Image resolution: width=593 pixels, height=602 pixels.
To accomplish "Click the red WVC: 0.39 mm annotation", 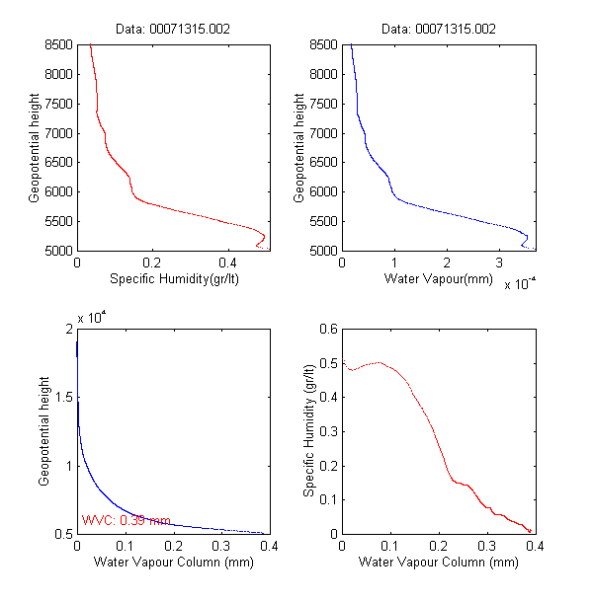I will [x=126, y=520].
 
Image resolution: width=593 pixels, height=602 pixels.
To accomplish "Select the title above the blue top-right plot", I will [x=438, y=30].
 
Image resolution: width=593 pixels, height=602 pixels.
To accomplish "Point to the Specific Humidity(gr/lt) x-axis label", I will [x=173, y=279].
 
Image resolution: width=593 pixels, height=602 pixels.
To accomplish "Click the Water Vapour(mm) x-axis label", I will [x=438, y=279].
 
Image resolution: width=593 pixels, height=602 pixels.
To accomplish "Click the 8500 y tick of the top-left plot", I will [x=58, y=44].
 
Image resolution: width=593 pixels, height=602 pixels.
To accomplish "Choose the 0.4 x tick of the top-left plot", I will [x=226, y=263].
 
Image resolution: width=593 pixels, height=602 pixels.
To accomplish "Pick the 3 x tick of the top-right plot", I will [x=500, y=263].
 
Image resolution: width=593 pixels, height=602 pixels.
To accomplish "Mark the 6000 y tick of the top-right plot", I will [x=323, y=192].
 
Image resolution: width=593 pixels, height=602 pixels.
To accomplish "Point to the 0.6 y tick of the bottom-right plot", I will [x=327, y=329].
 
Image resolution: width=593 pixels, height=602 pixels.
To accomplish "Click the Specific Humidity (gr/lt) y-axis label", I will [x=309, y=430].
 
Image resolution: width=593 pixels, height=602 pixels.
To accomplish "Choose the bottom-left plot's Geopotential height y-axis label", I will [x=44, y=430].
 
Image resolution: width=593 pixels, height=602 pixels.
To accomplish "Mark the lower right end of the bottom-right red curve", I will [x=530, y=531].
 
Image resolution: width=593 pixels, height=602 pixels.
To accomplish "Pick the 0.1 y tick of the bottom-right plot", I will [x=327, y=499].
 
